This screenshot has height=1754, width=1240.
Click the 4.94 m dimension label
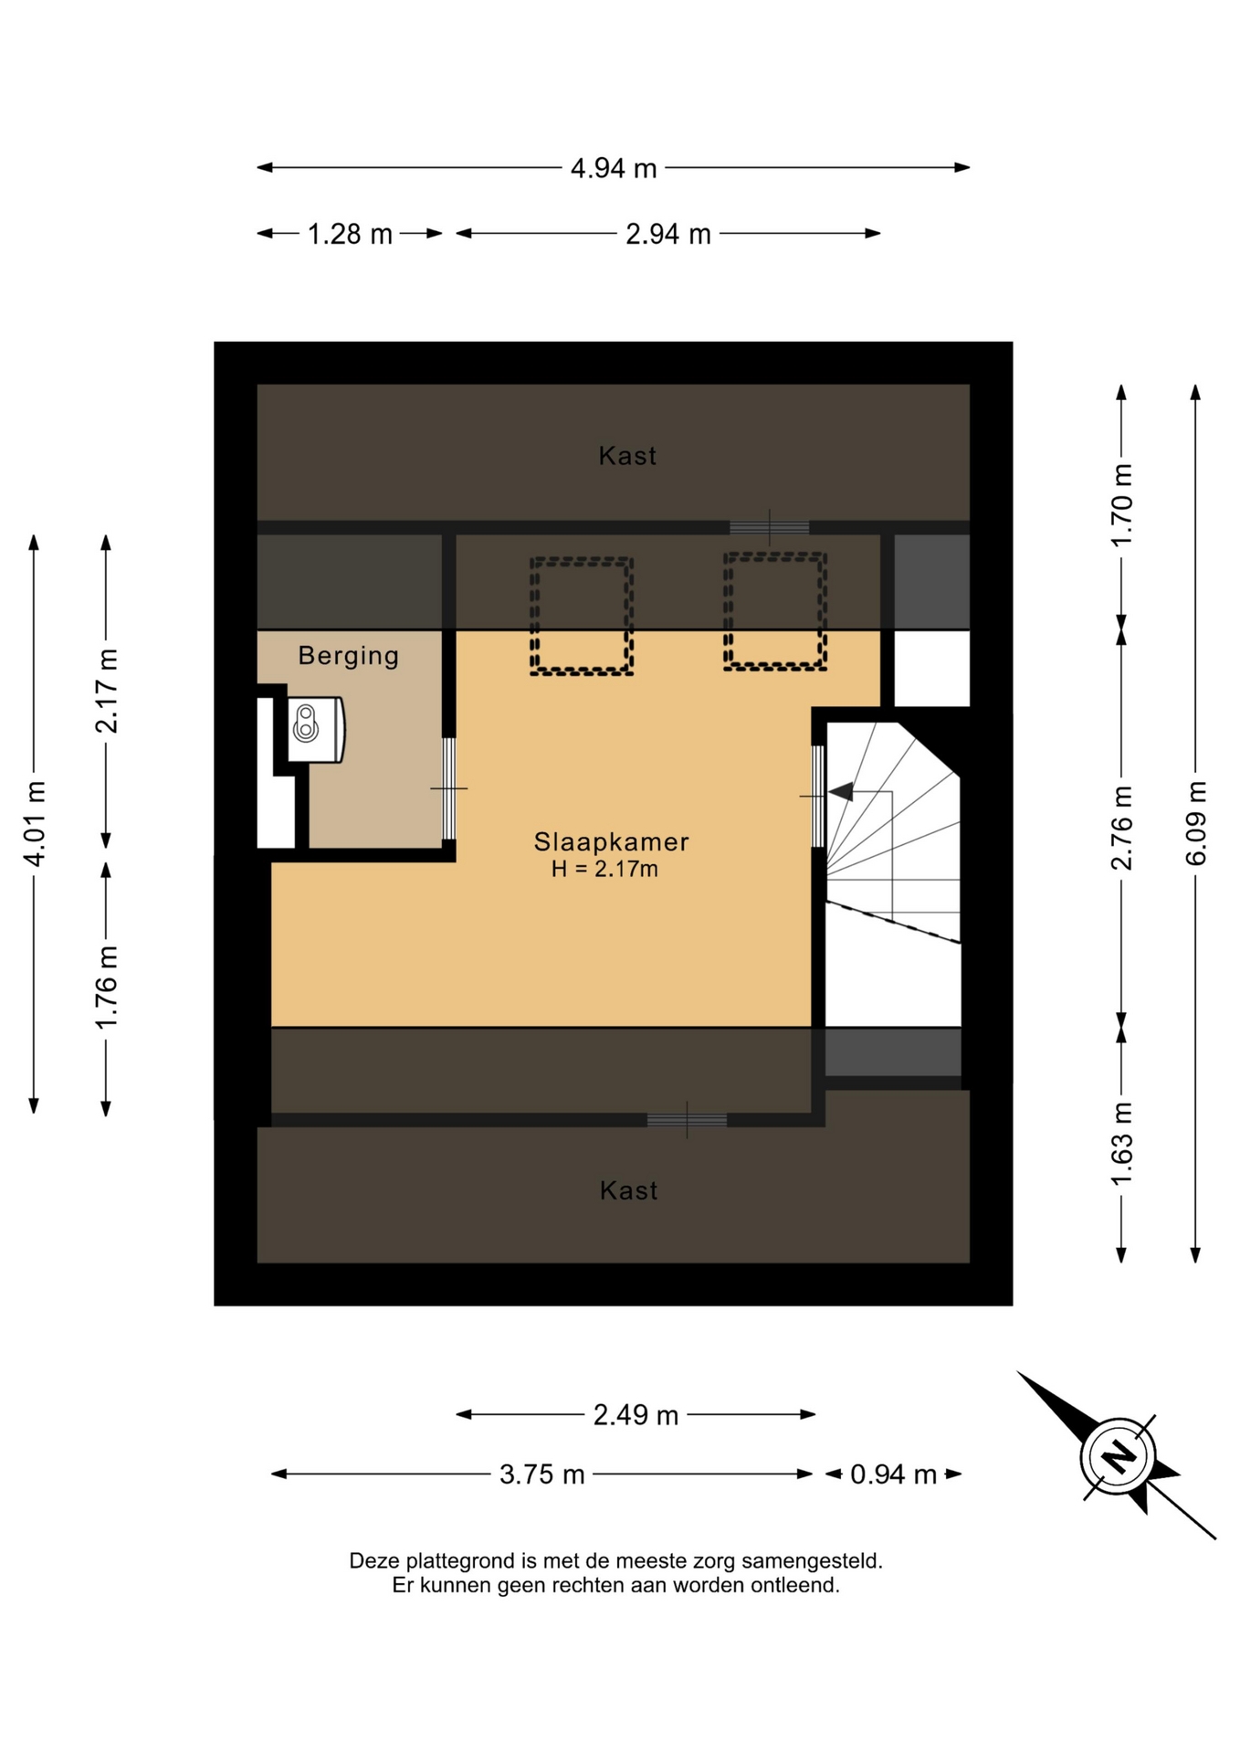point(614,168)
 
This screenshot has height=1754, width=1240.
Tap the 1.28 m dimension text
point(350,235)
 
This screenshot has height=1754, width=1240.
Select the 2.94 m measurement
point(667,235)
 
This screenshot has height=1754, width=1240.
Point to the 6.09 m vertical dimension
point(1195,823)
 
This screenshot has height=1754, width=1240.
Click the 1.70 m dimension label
point(1121,505)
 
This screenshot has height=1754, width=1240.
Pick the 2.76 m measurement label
point(1121,828)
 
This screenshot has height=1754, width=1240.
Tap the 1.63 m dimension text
point(1121,1144)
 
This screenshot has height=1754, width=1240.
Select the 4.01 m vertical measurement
point(34,823)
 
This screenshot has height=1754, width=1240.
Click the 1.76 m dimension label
point(107,987)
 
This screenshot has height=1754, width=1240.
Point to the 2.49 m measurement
point(636,1415)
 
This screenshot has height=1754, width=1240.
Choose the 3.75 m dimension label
point(541,1474)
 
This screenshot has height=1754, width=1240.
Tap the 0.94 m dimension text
point(893,1474)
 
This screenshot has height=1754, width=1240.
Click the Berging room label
point(349,656)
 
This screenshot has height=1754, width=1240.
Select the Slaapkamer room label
point(611,841)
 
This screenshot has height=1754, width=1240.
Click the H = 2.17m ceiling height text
point(604,869)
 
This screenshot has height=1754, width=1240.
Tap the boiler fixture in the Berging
point(316,729)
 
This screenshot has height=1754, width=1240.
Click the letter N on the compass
point(1118,1455)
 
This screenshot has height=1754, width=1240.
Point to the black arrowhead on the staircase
point(840,792)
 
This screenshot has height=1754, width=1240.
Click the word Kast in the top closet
point(627,456)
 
